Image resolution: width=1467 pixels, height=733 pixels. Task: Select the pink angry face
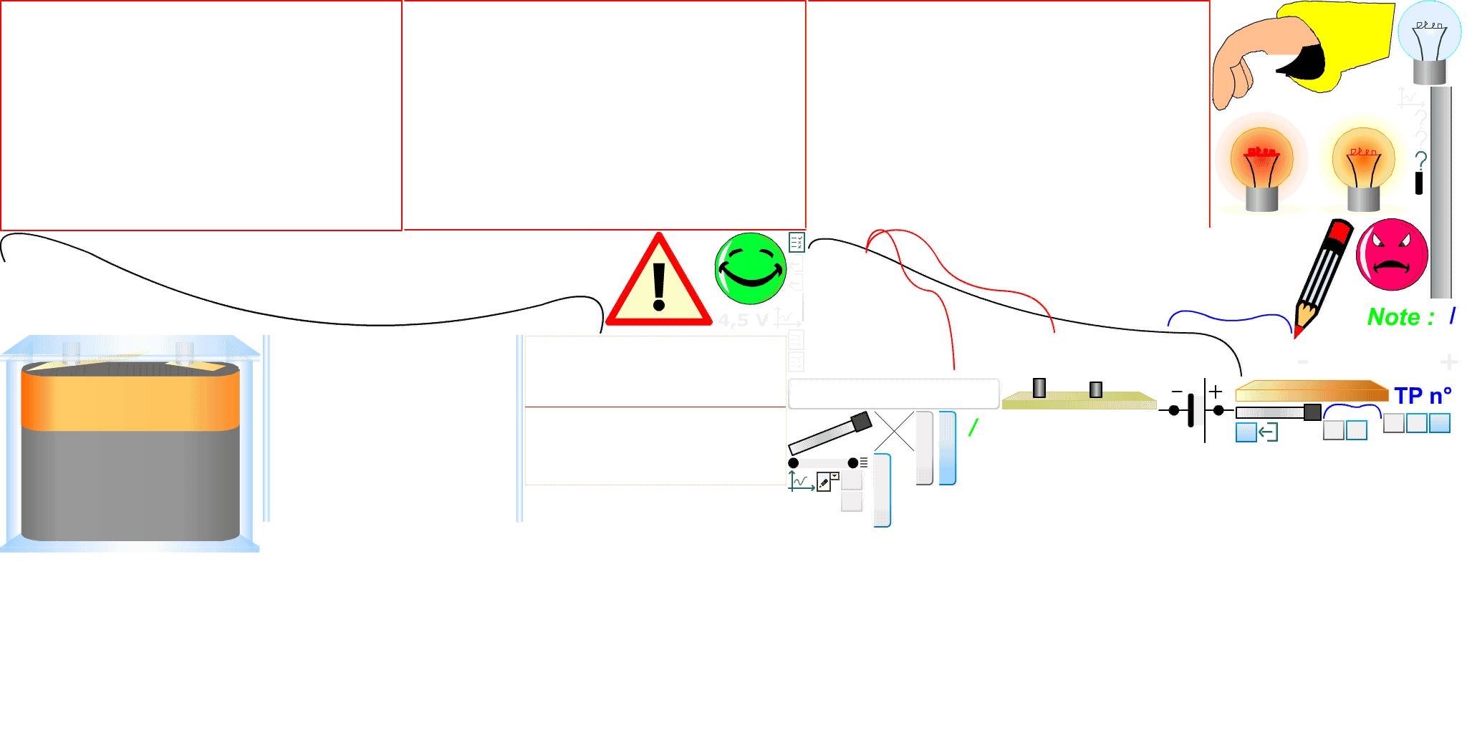1392,255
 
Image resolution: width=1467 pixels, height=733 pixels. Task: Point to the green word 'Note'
1393,317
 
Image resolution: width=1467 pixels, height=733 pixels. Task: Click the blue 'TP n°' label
1423,396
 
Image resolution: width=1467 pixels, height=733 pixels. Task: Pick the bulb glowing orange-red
1261,161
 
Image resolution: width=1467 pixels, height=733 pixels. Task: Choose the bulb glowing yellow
1362,161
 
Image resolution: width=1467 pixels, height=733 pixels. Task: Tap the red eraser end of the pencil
1338,233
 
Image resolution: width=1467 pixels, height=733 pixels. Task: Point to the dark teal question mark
1421,161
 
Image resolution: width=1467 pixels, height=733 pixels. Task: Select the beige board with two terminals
1078,401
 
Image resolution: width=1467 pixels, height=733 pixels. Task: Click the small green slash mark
973,428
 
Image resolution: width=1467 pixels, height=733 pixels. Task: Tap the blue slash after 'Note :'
1452,316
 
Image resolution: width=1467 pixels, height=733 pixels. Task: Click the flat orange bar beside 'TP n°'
1311,392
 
